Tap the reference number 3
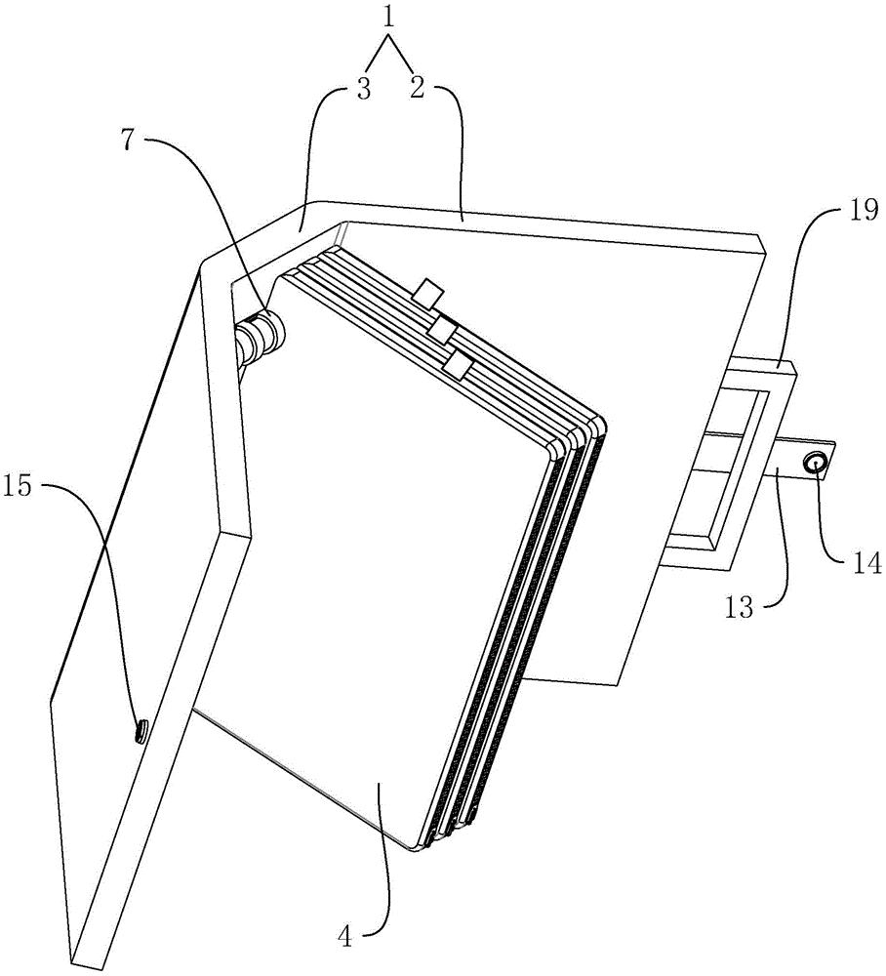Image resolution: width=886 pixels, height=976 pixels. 364,89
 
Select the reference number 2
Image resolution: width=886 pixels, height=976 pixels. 417,89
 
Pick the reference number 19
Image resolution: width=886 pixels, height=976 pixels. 865,211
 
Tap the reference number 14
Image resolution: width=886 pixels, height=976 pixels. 866,564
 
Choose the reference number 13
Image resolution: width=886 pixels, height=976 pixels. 740,605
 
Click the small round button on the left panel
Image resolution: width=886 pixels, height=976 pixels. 141,731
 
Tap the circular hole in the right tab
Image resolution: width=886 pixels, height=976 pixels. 815,463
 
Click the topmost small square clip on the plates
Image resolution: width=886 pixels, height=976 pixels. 428,294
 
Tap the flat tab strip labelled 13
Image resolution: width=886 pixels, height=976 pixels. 803,462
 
